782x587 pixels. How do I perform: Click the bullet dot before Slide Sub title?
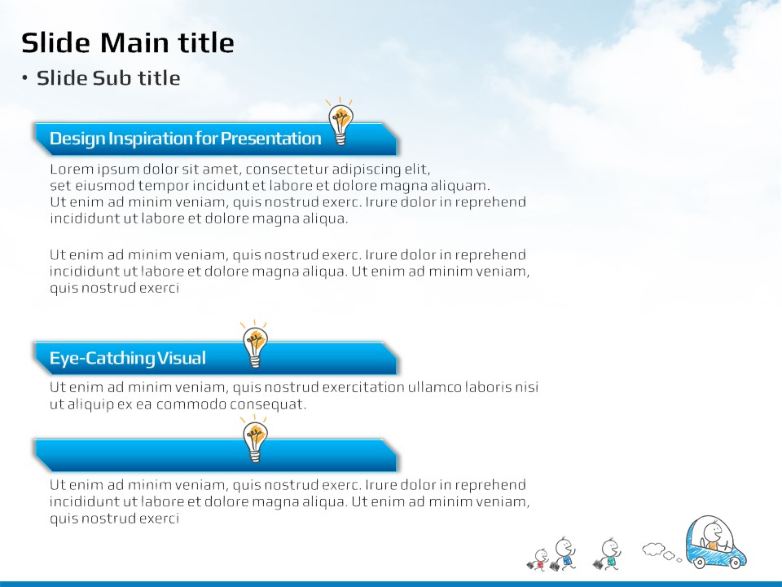[25, 78]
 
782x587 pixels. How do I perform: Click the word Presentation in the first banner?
[270, 139]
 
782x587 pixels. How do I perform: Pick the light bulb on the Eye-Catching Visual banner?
[255, 344]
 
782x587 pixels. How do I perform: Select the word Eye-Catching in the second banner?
[102, 359]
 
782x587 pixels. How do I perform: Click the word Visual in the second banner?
[181, 358]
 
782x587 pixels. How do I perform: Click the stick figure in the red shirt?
[538, 559]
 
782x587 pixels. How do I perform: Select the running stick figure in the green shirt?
[607, 554]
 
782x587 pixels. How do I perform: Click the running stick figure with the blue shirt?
[563, 554]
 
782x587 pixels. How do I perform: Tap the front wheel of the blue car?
[735, 563]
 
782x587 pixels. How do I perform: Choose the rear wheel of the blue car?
[700, 563]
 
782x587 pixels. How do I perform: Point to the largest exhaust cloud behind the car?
[652, 549]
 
